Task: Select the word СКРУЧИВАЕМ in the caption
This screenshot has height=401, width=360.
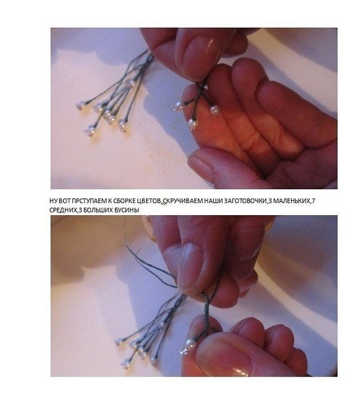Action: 183,201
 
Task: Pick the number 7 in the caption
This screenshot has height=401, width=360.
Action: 314,201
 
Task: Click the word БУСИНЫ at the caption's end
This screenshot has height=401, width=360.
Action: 128,210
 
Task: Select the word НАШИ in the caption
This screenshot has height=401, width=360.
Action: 213,201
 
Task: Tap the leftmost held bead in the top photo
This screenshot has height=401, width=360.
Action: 177,106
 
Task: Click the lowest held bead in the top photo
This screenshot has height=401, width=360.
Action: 193,123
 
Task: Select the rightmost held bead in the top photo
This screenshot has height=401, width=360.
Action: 215,110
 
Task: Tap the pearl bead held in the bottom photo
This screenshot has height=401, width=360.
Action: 189,344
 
